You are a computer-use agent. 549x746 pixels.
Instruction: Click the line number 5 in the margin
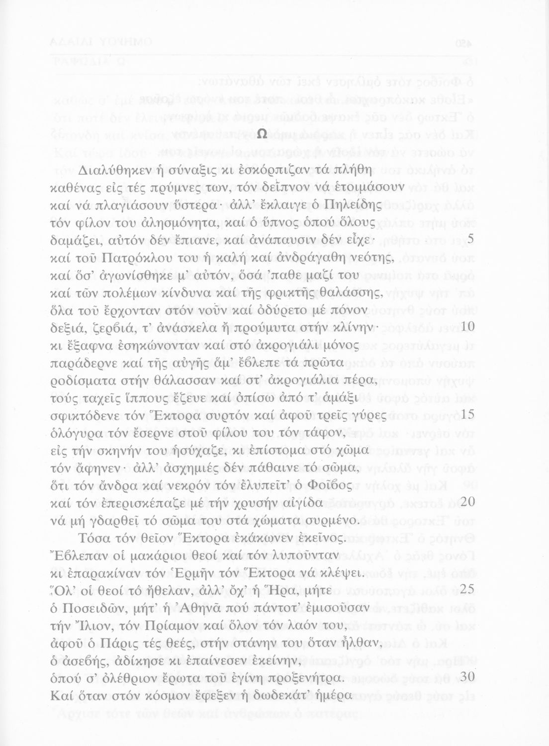[471, 240]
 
